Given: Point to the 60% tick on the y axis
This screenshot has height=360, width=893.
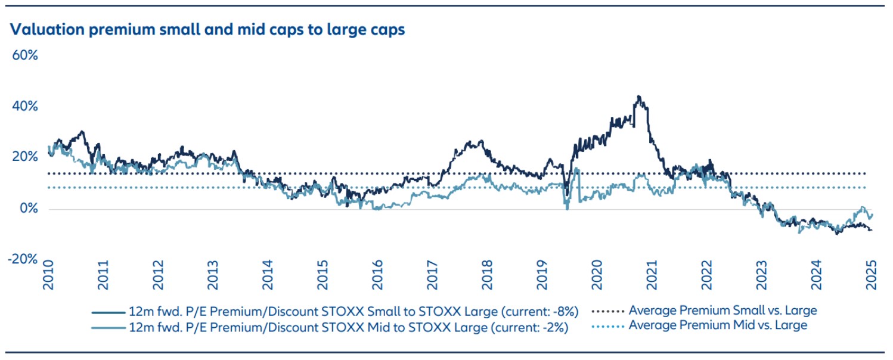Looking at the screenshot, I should [26, 55].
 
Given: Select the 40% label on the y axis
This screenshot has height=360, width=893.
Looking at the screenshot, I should [26, 107].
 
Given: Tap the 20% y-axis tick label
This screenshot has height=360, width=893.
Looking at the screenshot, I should [26, 157].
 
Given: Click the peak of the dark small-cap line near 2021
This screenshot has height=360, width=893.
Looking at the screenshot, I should [638, 96].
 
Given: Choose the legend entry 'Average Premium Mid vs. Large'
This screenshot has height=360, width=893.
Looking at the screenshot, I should [718, 325].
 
